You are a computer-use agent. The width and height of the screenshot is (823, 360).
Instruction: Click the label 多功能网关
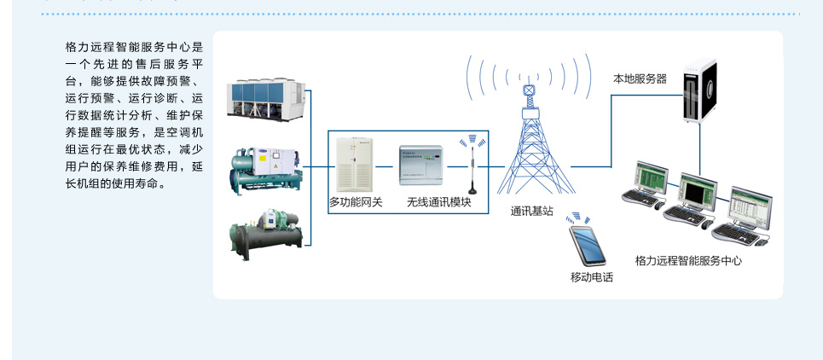tap(356, 202)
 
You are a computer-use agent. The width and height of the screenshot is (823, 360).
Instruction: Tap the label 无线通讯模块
tap(439, 202)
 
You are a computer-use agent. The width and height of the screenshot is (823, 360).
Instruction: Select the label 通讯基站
tap(531, 212)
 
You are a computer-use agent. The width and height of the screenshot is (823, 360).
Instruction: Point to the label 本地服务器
tap(640, 79)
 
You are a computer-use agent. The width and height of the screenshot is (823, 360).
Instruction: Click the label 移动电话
tap(592, 277)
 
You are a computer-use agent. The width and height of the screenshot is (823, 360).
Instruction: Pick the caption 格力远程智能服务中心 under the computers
tap(688, 260)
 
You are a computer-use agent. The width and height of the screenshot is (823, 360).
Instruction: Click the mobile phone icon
tap(588, 246)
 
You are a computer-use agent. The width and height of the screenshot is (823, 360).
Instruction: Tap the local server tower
tap(700, 91)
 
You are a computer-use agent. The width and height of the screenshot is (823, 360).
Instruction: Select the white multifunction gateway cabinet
tap(355, 165)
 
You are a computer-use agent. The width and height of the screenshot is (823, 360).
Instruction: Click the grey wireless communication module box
tap(420, 165)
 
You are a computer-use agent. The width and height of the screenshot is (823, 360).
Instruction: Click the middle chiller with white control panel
tap(266, 170)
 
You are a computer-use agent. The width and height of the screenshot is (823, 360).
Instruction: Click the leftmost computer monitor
tap(651, 177)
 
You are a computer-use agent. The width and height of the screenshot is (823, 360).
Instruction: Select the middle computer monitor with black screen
tap(698, 191)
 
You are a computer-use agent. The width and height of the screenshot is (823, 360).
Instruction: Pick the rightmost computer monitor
tap(751, 207)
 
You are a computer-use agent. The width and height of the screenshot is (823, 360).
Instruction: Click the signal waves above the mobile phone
tap(579, 218)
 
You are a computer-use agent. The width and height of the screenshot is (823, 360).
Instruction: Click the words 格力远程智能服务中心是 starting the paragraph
tap(134, 47)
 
